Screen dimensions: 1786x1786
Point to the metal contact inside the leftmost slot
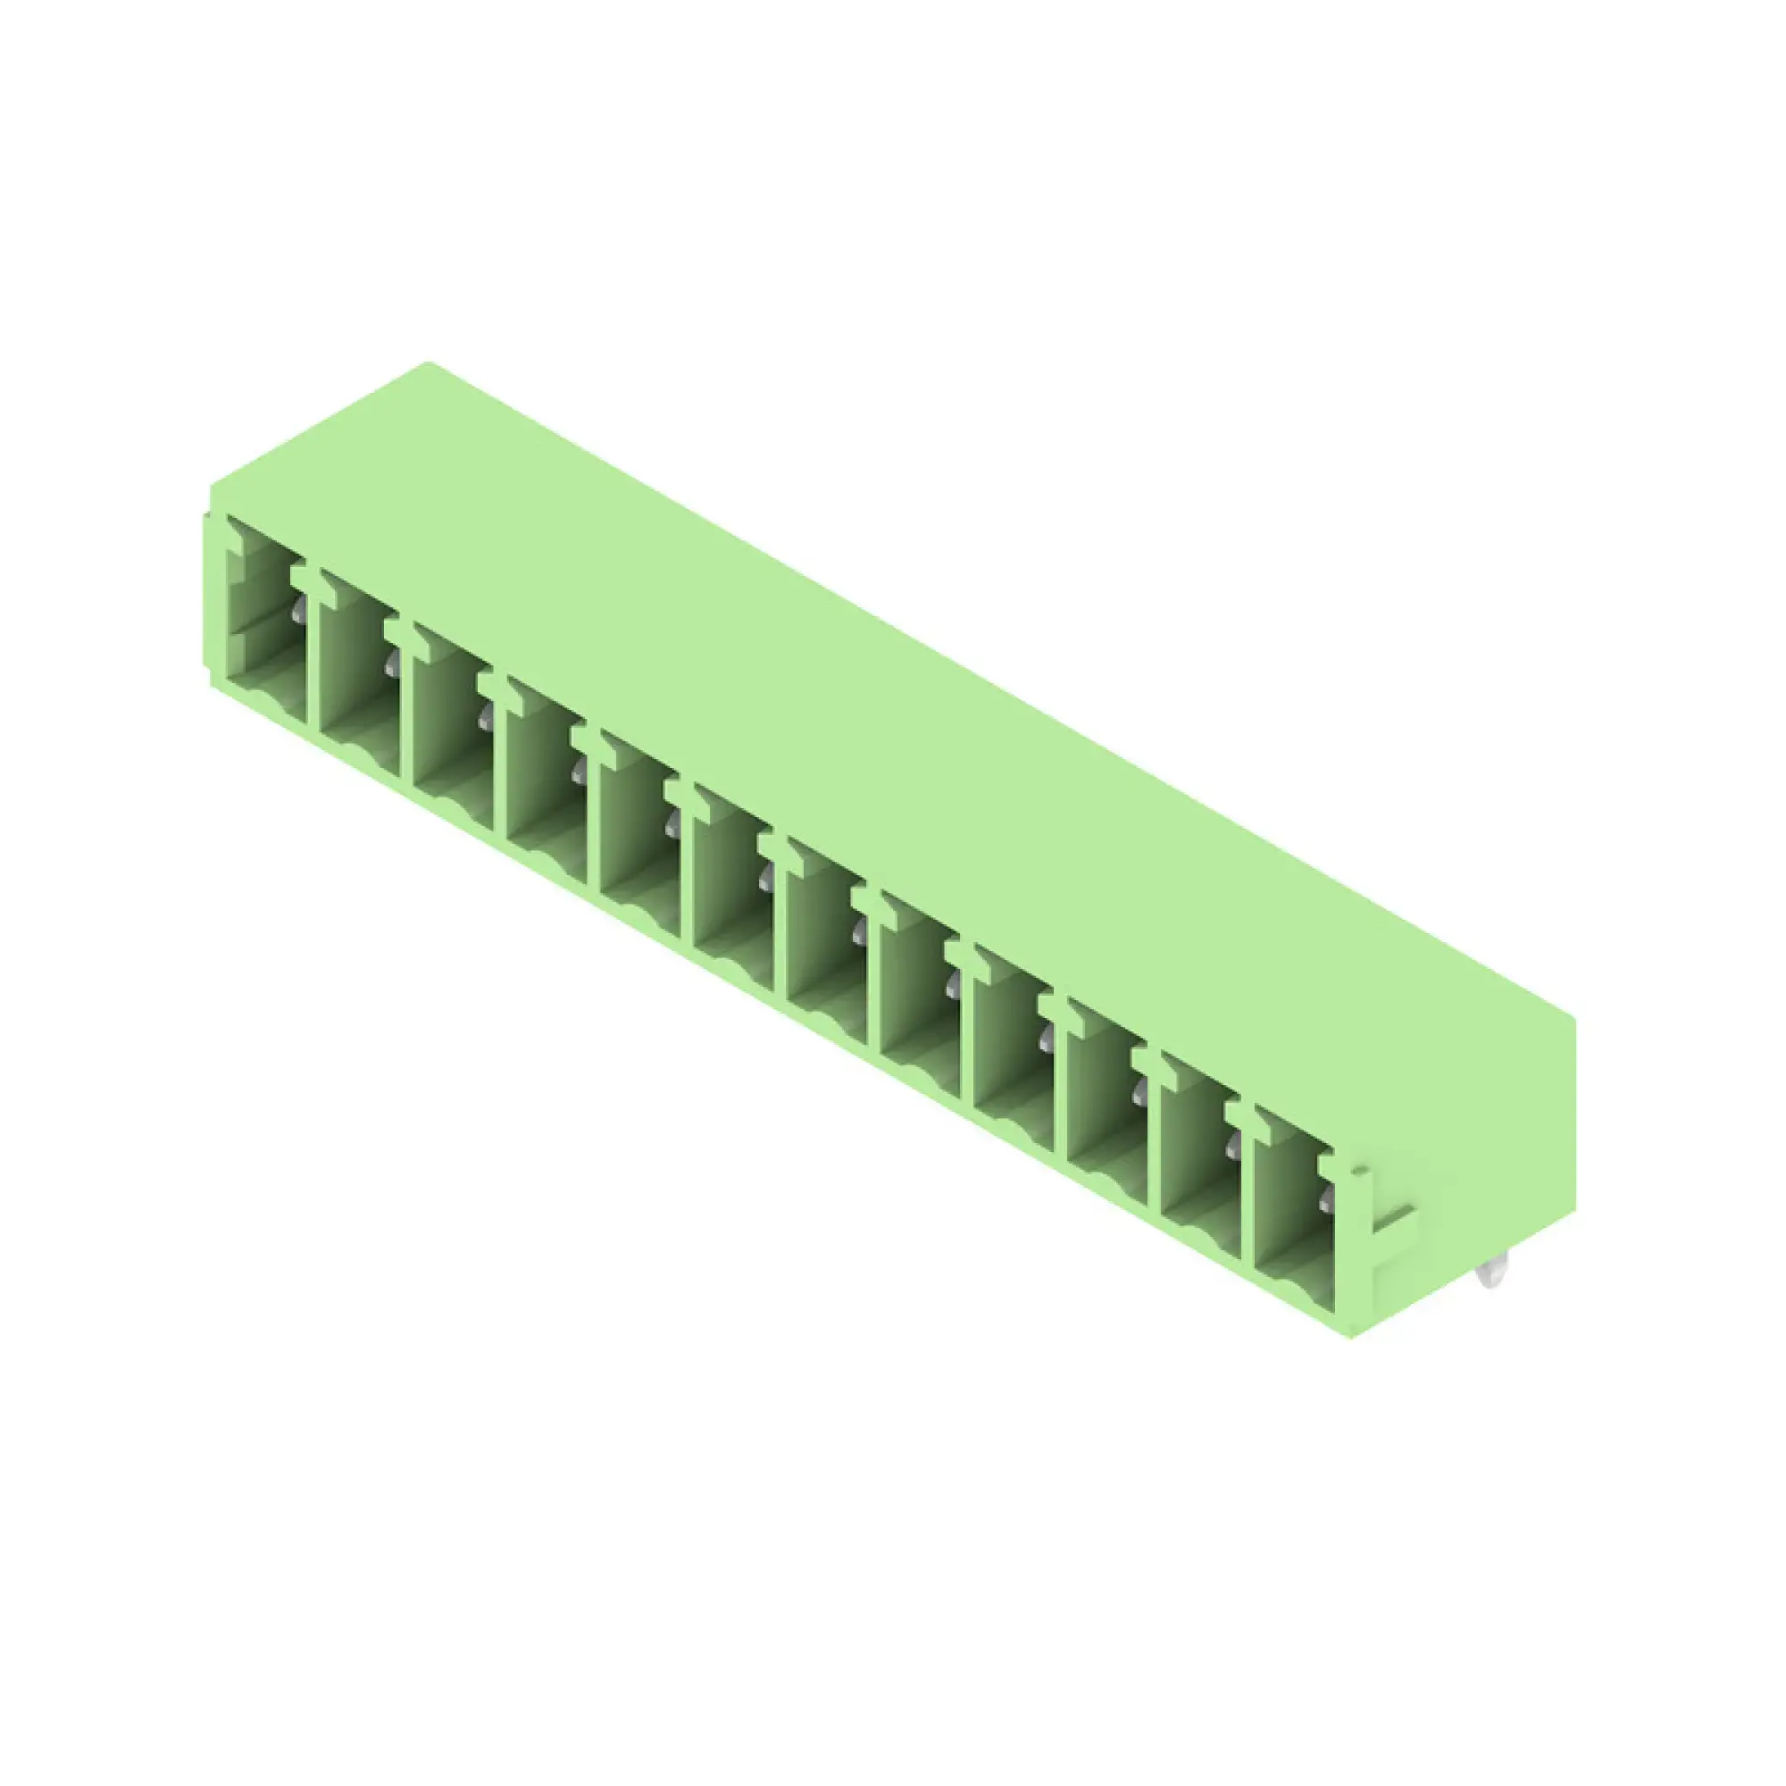[298, 609]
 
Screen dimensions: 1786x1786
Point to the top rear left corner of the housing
[428, 363]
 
